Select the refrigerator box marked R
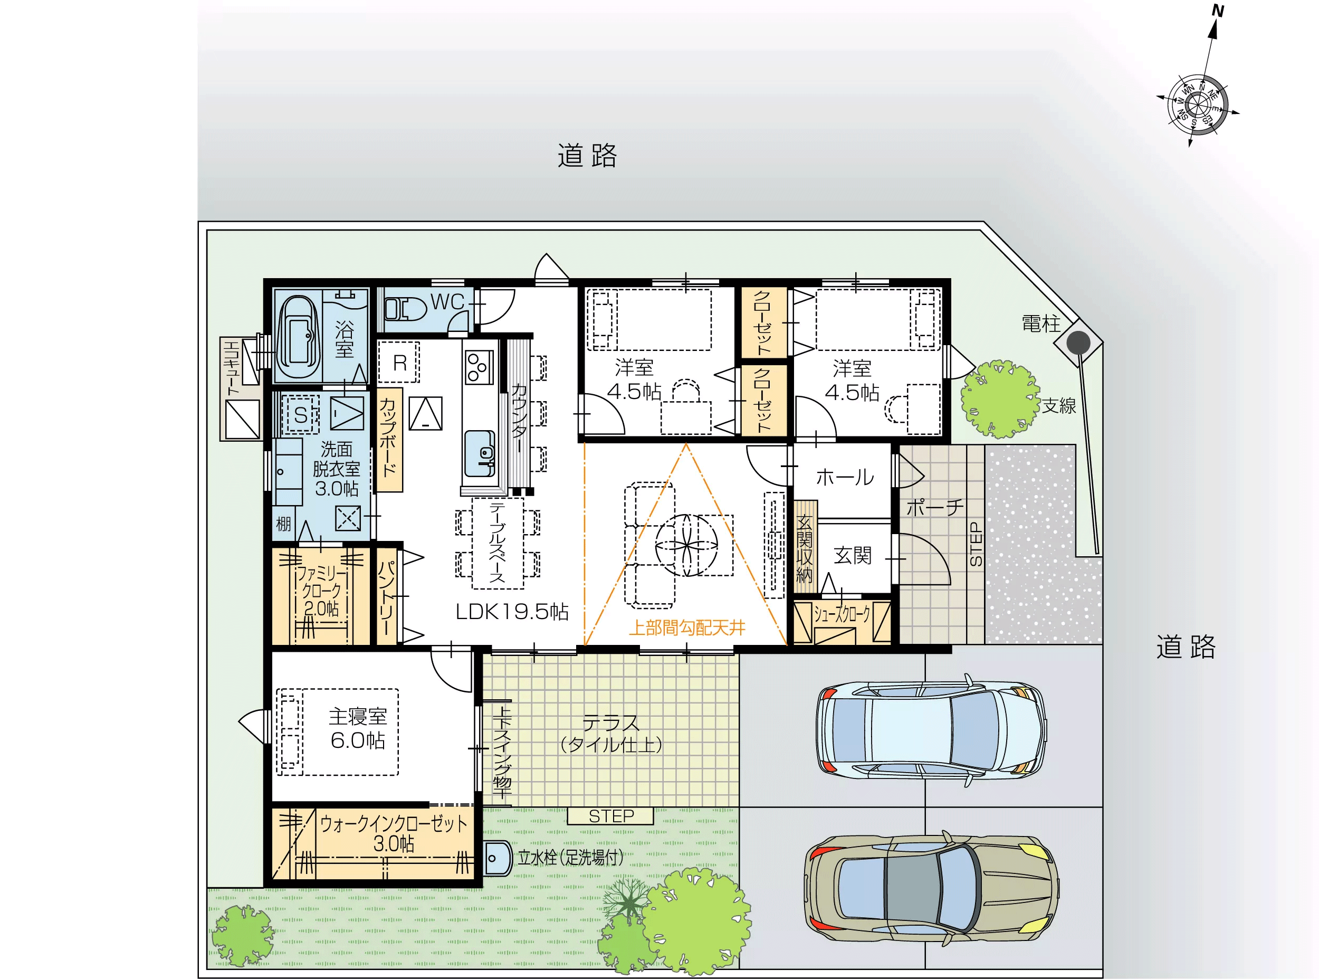point(399,362)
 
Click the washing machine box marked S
point(300,414)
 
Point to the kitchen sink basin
point(480,453)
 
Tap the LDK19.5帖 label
point(512,612)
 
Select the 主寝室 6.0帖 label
point(358,728)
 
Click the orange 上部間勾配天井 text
point(686,628)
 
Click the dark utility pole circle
point(1078,343)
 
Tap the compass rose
point(1198,106)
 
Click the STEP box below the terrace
point(610,816)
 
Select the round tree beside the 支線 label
point(1000,398)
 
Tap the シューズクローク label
point(842,614)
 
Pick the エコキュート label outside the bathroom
point(232,368)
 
